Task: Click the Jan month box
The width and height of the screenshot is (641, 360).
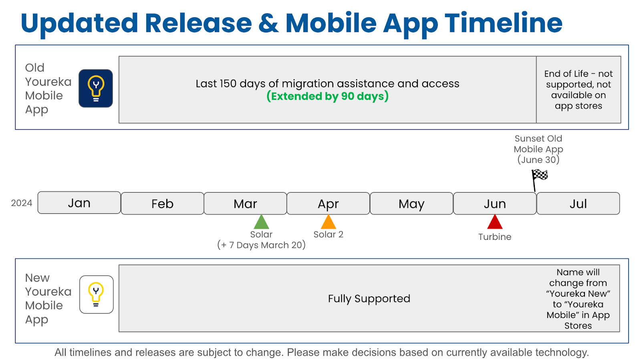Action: (x=79, y=203)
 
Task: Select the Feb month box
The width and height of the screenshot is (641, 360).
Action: (x=162, y=203)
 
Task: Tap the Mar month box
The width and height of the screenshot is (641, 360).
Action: (x=245, y=203)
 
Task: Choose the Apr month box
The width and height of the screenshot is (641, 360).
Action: (x=328, y=203)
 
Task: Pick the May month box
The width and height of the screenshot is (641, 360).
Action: (x=411, y=203)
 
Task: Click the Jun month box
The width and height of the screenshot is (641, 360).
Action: (x=495, y=203)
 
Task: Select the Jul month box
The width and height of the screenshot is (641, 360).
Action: (x=578, y=203)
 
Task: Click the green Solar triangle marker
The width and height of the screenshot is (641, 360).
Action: (x=261, y=222)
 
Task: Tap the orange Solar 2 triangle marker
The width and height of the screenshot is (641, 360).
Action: (x=328, y=222)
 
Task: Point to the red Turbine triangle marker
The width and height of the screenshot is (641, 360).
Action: (x=495, y=222)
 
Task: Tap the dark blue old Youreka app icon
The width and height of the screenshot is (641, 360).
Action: (x=96, y=88)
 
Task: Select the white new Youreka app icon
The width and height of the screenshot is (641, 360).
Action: (x=97, y=294)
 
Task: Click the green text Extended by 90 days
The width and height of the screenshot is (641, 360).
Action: (x=327, y=96)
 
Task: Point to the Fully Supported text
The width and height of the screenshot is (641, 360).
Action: (x=369, y=298)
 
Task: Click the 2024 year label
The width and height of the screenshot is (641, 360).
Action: (x=22, y=203)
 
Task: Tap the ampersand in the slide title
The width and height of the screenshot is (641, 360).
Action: (x=268, y=23)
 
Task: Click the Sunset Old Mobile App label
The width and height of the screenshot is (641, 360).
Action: (x=538, y=149)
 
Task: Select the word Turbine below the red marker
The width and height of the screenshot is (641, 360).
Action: (x=495, y=237)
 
